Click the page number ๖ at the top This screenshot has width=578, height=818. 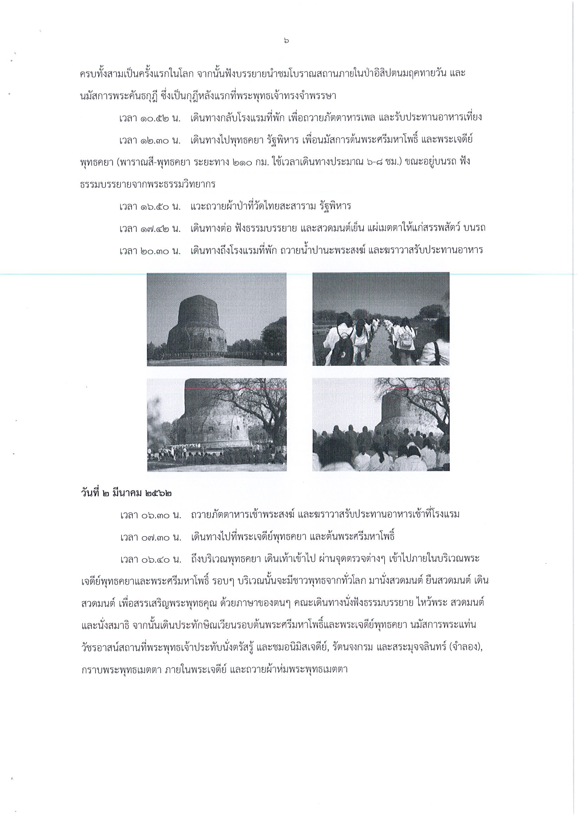[287, 41]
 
